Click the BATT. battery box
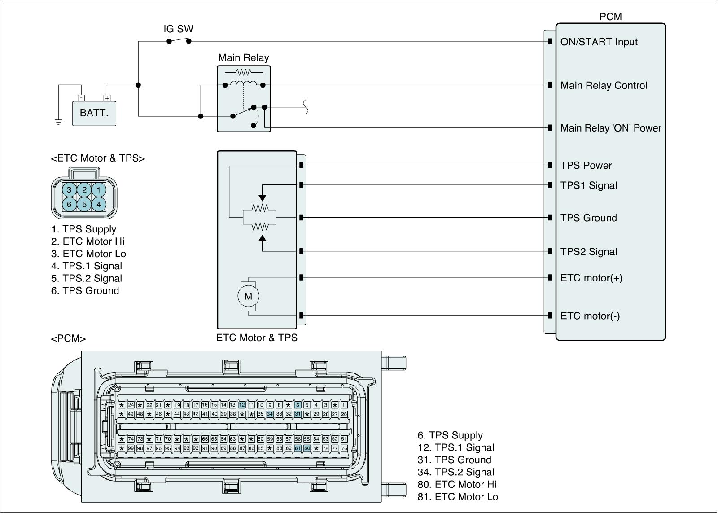point(94,113)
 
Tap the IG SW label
point(178,29)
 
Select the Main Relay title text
point(243,58)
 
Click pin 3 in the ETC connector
point(69,190)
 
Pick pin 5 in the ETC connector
point(84,205)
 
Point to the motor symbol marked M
point(248,296)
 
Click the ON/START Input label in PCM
point(599,42)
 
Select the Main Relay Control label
point(604,86)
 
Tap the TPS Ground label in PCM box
point(588,218)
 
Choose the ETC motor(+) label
point(591,278)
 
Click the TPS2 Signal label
point(588,252)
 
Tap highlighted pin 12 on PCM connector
point(242,405)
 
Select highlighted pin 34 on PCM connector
point(270,414)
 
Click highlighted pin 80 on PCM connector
point(307,448)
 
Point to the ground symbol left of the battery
point(58,122)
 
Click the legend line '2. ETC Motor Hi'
point(88,241)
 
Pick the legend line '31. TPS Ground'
point(454,460)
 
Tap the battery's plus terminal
point(107,98)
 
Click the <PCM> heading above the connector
point(68,338)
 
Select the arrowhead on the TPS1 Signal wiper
point(262,198)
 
